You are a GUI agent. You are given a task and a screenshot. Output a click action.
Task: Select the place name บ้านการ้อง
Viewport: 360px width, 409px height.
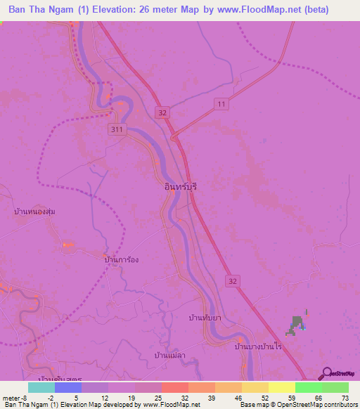(121, 259)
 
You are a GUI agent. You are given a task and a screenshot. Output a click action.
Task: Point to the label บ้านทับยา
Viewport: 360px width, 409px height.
(206, 318)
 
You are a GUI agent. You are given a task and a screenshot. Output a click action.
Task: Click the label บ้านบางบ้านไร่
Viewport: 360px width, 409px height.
(257, 346)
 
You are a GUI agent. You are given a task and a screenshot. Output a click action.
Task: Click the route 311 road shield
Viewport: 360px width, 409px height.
(117, 129)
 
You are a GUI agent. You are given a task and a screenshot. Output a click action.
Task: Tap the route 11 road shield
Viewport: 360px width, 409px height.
(222, 104)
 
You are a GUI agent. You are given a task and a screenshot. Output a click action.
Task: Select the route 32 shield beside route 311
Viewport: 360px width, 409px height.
(163, 112)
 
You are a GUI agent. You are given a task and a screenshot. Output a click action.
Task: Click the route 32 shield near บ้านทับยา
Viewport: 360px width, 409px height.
(233, 280)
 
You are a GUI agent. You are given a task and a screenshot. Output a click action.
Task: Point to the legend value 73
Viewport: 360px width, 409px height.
(344, 398)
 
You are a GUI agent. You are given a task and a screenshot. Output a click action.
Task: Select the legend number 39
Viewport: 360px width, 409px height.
(211, 398)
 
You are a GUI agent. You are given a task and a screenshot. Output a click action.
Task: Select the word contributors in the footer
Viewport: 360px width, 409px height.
(337, 405)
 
